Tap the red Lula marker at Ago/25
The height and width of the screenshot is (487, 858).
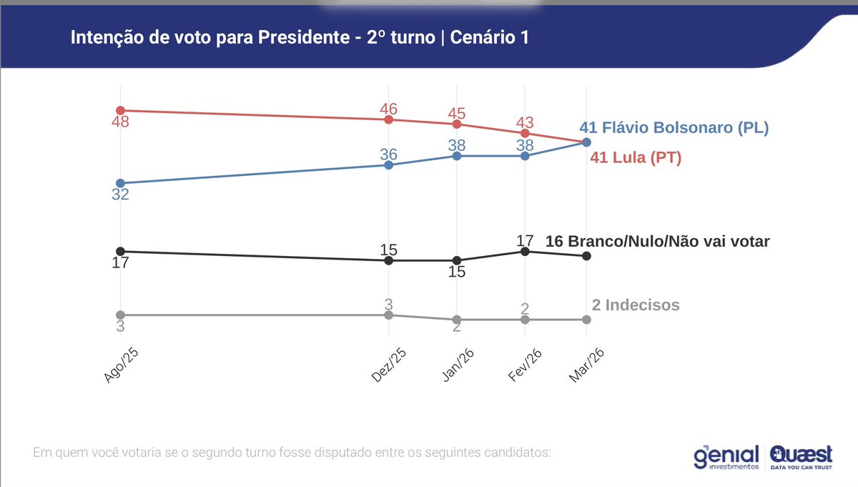click(120, 110)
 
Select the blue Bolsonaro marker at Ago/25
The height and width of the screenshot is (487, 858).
click(120, 183)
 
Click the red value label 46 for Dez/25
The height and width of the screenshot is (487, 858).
click(388, 109)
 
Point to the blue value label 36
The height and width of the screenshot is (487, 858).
click(388, 154)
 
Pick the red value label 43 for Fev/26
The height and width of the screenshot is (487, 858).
click(525, 122)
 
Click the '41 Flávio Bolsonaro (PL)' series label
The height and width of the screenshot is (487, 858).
click(674, 128)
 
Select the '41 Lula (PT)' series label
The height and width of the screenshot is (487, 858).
click(635, 157)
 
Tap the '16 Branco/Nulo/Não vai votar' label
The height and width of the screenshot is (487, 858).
click(657, 242)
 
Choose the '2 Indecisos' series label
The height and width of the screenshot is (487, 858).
click(636, 305)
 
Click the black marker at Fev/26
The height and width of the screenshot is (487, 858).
click(525, 251)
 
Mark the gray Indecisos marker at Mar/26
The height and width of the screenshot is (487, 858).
click(586, 320)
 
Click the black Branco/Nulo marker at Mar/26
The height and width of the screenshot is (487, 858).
click(586, 255)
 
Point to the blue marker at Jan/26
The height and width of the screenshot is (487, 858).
click(456, 155)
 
